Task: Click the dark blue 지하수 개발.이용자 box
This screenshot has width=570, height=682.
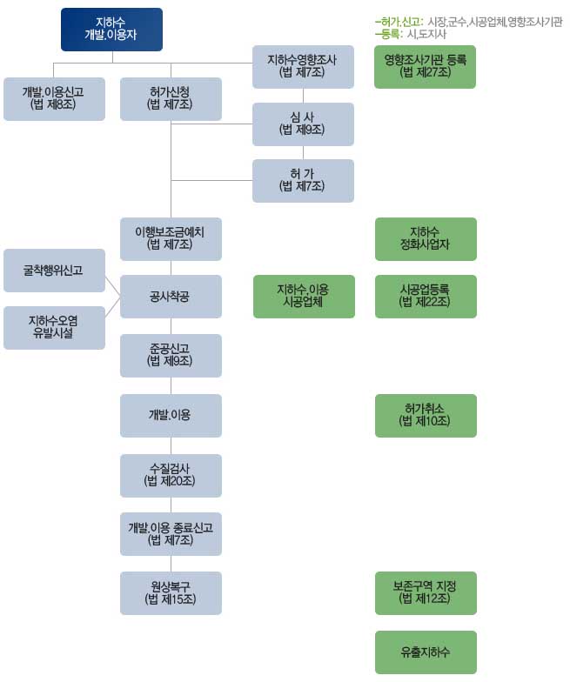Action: (111, 30)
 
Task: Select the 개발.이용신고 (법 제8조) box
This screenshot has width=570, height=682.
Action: (54, 99)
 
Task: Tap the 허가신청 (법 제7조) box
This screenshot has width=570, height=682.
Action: (171, 99)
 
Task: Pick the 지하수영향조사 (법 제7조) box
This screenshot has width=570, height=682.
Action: (303, 67)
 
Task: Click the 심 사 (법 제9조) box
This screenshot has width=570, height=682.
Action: (303, 124)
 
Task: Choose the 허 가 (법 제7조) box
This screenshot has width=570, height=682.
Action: (303, 181)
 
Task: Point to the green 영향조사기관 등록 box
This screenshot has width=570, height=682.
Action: (425, 67)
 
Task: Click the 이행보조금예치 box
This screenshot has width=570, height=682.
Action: (171, 239)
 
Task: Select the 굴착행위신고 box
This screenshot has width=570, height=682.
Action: (54, 271)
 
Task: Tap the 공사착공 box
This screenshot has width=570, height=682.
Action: (171, 297)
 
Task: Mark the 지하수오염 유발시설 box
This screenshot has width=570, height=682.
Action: (54, 328)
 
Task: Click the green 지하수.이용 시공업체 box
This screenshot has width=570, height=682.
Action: (305, 297)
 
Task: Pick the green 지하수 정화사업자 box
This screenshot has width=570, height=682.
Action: (426, 239)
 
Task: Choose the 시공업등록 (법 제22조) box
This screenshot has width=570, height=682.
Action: (426, 297)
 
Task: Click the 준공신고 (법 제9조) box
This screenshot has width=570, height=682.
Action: (171, 356)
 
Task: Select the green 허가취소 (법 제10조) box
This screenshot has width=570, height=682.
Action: (426, 416)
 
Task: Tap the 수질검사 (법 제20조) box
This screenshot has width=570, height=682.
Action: (171, 476)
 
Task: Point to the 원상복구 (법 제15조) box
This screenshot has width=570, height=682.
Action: (171, 593)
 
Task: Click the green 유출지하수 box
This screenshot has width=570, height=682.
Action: (426, 652)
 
